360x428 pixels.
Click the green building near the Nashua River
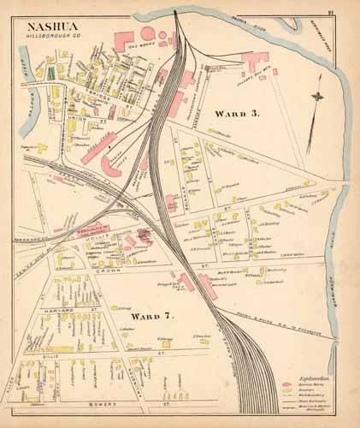point(50,74)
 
